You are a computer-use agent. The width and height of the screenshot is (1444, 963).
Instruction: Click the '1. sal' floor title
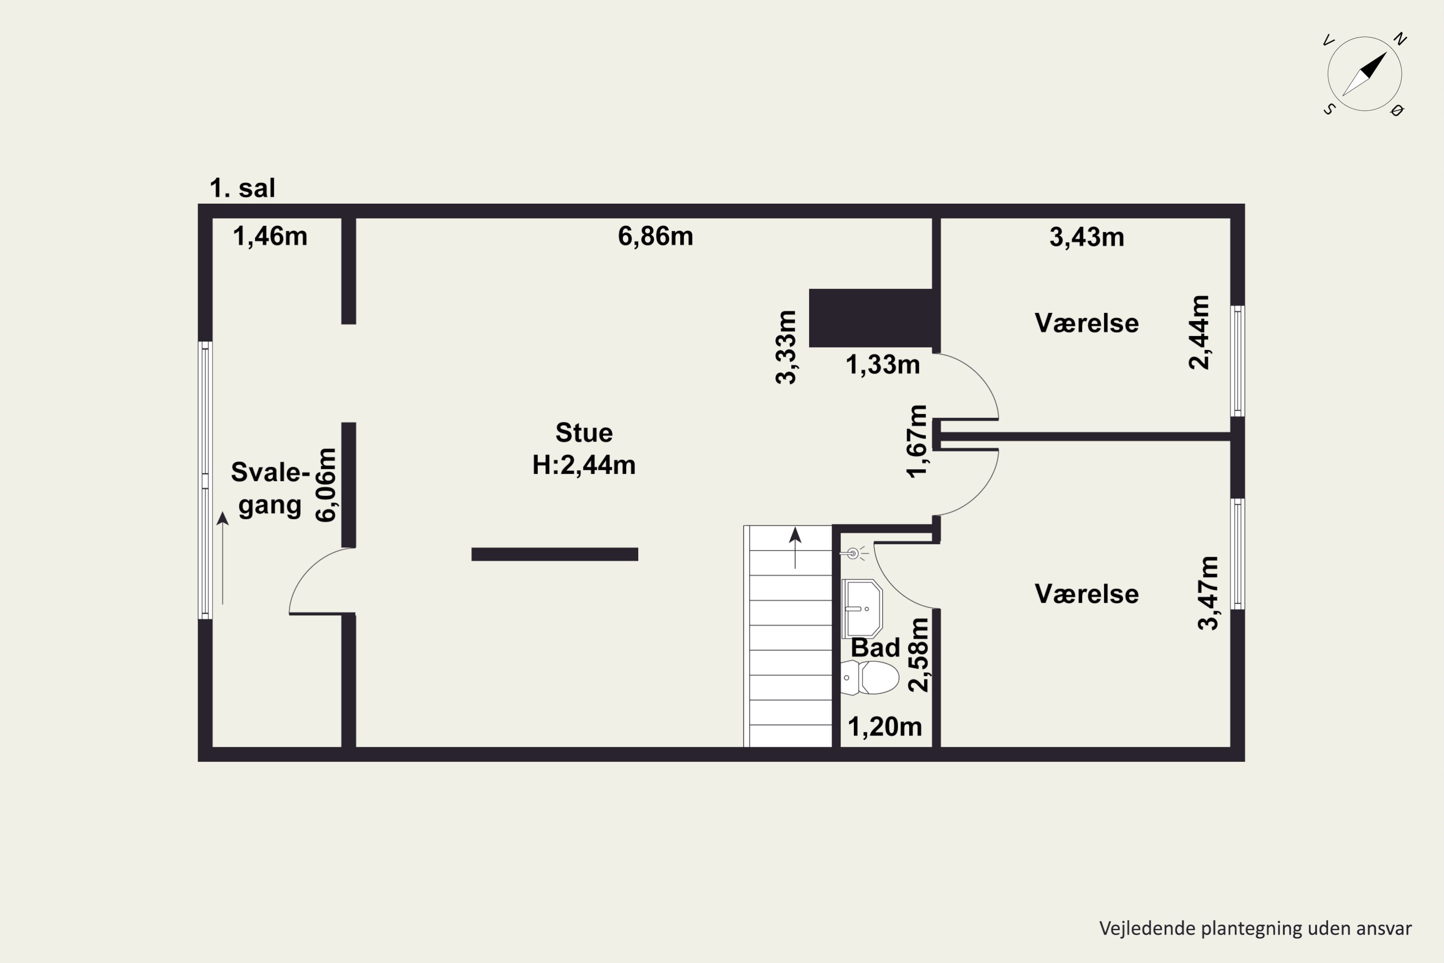click(243, 188)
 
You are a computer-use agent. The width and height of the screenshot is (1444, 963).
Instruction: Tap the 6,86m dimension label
click(656, 236)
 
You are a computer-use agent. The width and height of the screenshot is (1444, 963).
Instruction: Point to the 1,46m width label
click(270, 236)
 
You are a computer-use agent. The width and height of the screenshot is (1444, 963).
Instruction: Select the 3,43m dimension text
click(1087, 237)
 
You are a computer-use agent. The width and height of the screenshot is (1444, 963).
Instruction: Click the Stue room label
click(584, 433)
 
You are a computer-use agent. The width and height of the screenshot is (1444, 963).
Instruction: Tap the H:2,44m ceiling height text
click(584, 465)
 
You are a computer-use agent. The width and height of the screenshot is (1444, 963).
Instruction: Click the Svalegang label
click(270, 488)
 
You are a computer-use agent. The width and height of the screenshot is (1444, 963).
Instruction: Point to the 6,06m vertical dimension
click(326, 485)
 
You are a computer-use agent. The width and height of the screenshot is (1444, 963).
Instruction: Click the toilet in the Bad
click(869, 677)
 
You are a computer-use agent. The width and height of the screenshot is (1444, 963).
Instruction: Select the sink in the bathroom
click(862, 608)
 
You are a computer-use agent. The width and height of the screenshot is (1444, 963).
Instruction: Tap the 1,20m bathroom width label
click(885, 727)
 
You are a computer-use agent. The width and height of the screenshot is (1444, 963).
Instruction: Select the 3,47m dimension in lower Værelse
click(1208, 593)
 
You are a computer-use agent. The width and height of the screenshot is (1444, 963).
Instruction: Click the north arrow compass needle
click(1365, 74)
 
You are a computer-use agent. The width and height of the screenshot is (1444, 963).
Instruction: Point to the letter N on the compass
click(1400, 39)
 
